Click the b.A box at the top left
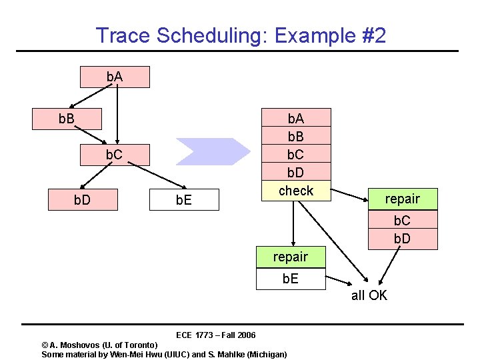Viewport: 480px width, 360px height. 115,77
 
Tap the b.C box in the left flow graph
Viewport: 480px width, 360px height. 115,155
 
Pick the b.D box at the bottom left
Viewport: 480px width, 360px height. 83,200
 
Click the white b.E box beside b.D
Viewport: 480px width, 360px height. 184,200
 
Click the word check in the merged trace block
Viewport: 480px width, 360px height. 295,191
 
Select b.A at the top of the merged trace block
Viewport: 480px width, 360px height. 295,118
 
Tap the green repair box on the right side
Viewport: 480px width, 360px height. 402,199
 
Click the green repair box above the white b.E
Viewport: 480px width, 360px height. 291,257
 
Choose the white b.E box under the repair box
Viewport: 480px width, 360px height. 291,279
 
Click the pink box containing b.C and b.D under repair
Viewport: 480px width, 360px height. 402,229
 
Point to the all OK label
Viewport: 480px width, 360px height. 369,295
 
